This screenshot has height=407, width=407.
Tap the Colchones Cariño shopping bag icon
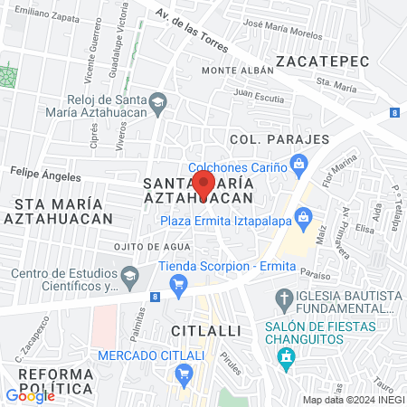tap(300, 166)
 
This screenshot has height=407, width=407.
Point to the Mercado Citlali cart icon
tap(185, 372)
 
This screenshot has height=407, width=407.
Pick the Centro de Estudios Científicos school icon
tap(129, 274)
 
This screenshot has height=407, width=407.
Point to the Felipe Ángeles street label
tap(39, 169)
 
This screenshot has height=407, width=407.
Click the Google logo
tap(30, 395)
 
